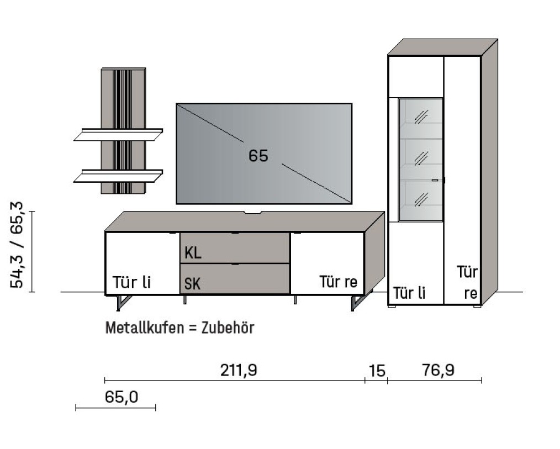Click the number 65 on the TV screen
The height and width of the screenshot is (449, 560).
point(258,156)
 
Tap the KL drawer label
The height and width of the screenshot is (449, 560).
point(193,253)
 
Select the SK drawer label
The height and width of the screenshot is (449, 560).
point(192,284)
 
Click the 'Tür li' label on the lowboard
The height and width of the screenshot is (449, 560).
point(131,282)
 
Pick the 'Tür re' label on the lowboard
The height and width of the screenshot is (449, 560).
point(339,282)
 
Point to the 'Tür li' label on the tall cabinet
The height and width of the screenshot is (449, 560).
point(409,293)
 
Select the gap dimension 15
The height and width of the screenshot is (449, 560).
point(377,371)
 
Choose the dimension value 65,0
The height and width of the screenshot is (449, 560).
point(121,397)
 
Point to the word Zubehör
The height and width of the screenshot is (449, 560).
point(227,327)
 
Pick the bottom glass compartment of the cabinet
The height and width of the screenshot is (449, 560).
point(421,199)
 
